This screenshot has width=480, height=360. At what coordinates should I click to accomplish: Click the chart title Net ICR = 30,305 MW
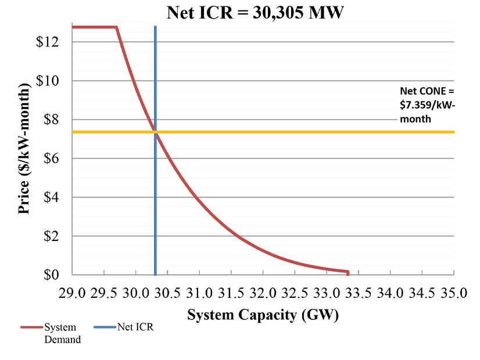click(x=256, y=12)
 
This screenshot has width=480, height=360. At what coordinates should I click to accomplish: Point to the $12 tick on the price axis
click(x=46, y=42)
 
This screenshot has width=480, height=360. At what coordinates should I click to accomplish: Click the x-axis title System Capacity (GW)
click(x=263, y=315)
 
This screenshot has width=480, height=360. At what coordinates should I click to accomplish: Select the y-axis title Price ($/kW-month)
click(x=24, y=149)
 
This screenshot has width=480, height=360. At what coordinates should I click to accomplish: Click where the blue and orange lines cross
click(x=155, y=132)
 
